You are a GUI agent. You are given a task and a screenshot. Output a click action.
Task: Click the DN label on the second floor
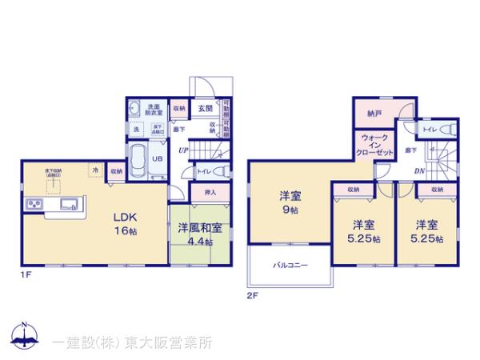pos(419,170)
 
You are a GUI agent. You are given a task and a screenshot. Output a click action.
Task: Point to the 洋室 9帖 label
pos(290,202)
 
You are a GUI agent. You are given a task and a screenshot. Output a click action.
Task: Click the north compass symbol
pos(24,338)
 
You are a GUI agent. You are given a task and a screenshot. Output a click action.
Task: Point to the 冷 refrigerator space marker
pos(94,170)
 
